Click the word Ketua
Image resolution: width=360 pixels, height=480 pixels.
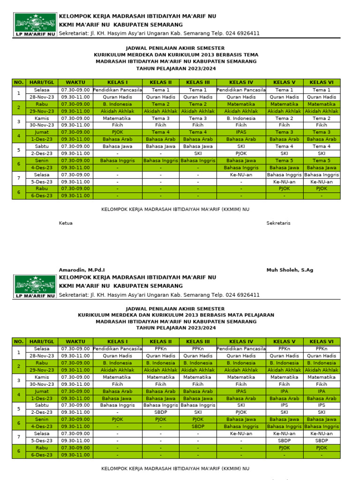pyautogui.click(x=66, y=223)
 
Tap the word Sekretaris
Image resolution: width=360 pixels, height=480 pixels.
pyautogui.click(x=278, y=223)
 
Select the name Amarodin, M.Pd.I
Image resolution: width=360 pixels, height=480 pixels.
pyautogui.click(x=82, y=270)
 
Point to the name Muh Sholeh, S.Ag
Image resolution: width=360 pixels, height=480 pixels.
pyautogui.click(x=290, y=270)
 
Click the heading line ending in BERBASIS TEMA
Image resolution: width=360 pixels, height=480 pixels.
pyautogui.click(x=176, y=55)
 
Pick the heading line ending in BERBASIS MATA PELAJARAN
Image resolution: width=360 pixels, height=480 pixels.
pyautogui.click(x=176, y=315)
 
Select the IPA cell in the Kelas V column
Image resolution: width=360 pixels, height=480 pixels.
pyautogui.click(x=284, y=391)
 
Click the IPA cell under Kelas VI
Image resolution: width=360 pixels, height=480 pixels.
pyautogui.click(x=322, y=391)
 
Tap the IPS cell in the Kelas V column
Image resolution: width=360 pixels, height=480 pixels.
pyautogui.click(x=284, y=405)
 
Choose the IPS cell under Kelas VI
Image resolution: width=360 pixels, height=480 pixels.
pyautogui.click(x=322, y=405)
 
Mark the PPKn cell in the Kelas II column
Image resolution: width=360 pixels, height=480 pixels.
pyautogui.click(x=161, y=349)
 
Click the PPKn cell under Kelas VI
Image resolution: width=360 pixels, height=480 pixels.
pyautogui.click(x=322, y=349)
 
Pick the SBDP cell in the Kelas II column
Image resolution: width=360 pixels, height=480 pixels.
pyautogui.click(x=161, y=412)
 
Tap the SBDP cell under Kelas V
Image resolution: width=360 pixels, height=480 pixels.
pyautogui.click(x=284, y=441)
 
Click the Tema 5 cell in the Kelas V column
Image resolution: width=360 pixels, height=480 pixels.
pyautogui.click(x=284, y=160)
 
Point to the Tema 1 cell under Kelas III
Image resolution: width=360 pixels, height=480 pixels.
pyautogui.click(x=198, y=90)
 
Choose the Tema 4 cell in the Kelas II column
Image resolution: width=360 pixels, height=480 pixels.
pyautogui.click(x=161, y=132)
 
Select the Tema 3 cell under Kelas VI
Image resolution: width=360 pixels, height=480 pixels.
pyautogui.click(x=322, y=132)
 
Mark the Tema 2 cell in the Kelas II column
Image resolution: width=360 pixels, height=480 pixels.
pyautogui.click(x=161, y=104)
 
